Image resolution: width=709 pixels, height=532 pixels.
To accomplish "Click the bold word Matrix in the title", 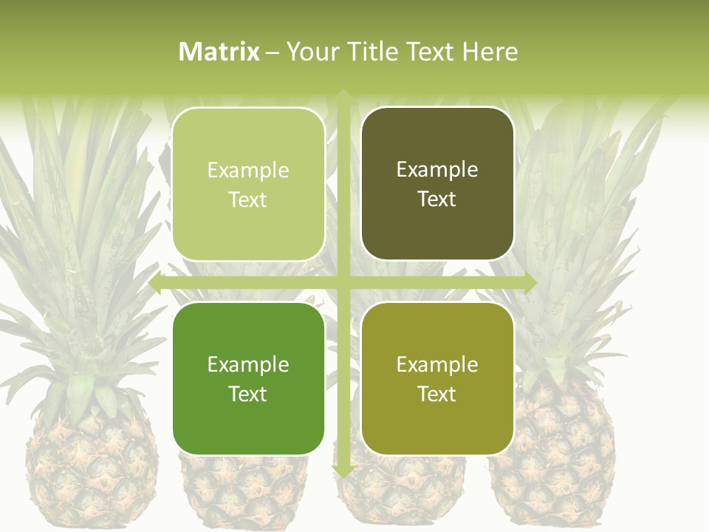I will pyautogui.click(x=219, y=52).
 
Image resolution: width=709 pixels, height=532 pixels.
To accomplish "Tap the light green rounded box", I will pyautogui.click(x=248, y=184).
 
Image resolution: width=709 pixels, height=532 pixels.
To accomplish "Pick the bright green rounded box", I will pyautogui.click(x=248, y=378).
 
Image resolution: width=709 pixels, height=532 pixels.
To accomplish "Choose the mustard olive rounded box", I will pyautogui.click(x=437, y=378).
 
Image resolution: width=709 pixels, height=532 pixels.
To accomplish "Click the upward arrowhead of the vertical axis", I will pyautogui.click(x=343, y=95).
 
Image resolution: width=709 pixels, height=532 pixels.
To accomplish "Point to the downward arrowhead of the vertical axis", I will pyautogui.click(x=343, y=471).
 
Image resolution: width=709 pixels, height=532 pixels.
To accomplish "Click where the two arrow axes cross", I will pyautogui.click(x=343, y=283).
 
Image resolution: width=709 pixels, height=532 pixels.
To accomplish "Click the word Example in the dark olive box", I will pyautogui.click(x=437, y=169).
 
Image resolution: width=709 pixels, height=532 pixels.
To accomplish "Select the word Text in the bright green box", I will pyautogui.click(x=248, y=394).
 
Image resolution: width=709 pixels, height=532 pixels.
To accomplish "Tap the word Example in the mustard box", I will pyautogui.click(x=437, y=364).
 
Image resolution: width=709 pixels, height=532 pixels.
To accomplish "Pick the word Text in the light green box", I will pyautogui.click(x=248, y=199).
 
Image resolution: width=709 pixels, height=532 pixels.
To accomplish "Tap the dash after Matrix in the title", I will pyautogui.click(x=273, y=52).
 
